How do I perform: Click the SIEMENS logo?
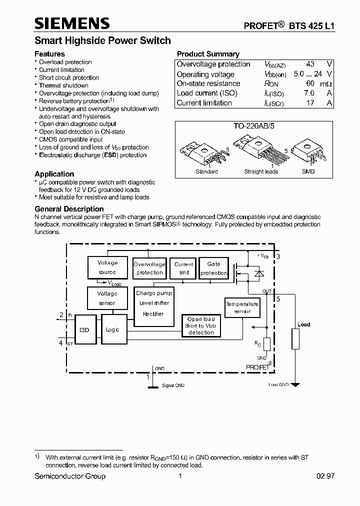click(x=72, y=23)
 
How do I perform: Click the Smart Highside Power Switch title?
click(x=102, y=40)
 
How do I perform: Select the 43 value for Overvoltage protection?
click(x=310, y=64)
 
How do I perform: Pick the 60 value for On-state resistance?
click(x=310, y=83)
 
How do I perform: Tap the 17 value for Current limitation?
click(x=310, y=103)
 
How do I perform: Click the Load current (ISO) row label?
click(x=207, y=93)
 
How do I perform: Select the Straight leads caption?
click(x=261, y=171)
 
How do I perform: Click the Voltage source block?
click(x=107, y=267)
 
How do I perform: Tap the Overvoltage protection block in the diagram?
click(x=149, y=268)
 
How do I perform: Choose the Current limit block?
click(x=184, y=268)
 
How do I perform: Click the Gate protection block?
click(x=213, y=268)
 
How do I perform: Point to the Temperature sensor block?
click(x=242, y=308)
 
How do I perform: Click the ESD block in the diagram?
click(x=84, y=330)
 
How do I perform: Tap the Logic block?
click(x=113, y=330)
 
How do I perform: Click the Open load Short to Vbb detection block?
click(x=201, y=326)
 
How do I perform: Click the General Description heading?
click(x=69, y=209)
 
